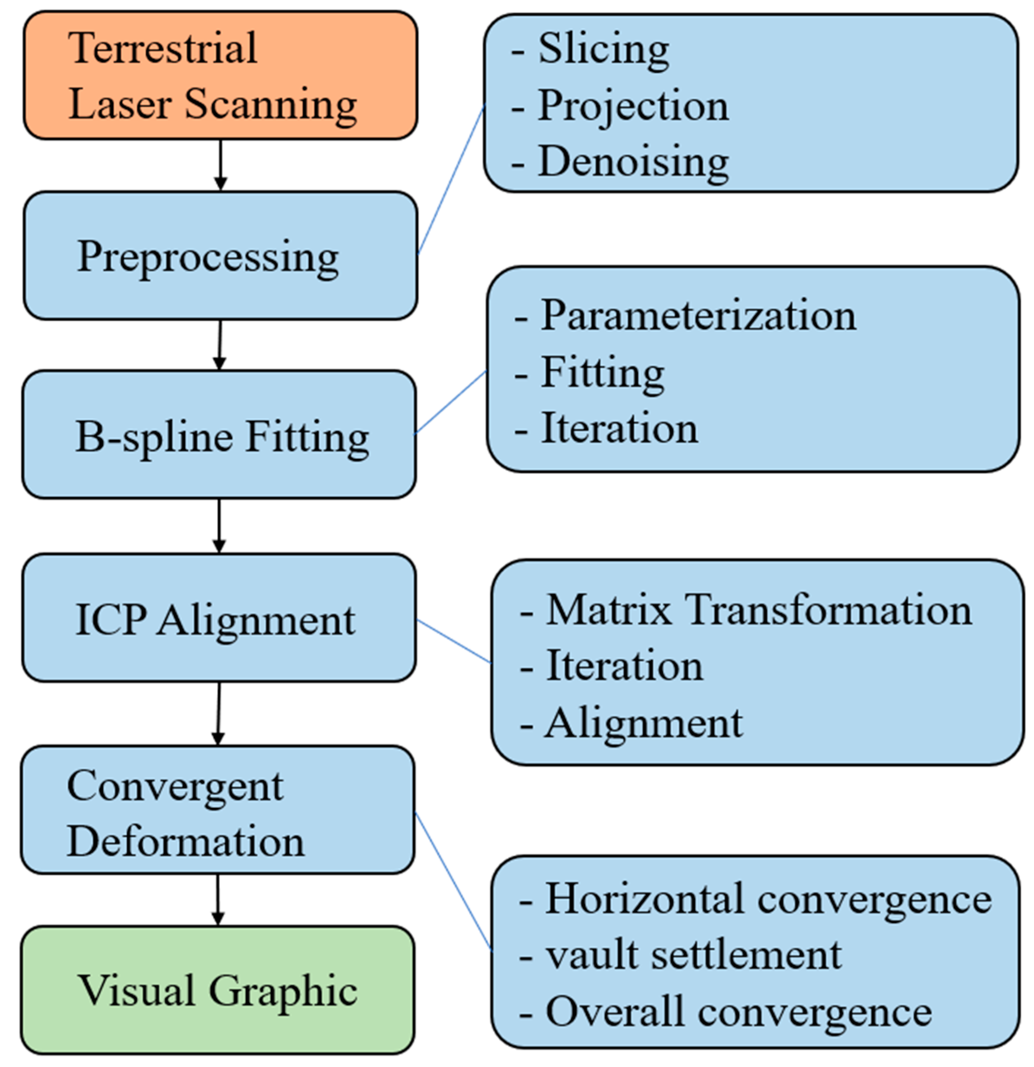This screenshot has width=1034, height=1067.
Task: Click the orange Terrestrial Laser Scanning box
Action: point(220,76)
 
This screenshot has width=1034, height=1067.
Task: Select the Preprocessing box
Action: point(220,256)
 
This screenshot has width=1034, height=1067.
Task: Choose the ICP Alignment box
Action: point(219,618)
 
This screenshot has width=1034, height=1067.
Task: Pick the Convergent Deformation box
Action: point(218,811)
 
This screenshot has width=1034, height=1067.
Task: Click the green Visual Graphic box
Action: point(218,991)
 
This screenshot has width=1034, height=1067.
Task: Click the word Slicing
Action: point(603,49)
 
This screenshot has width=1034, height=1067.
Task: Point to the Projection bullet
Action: point(633,106)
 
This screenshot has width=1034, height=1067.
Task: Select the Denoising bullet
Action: point(633,162)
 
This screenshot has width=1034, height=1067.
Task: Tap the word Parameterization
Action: point(698,316)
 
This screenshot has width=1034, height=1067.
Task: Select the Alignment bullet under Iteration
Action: point(644,724)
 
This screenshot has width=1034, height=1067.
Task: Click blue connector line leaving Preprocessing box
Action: point(451,179)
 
